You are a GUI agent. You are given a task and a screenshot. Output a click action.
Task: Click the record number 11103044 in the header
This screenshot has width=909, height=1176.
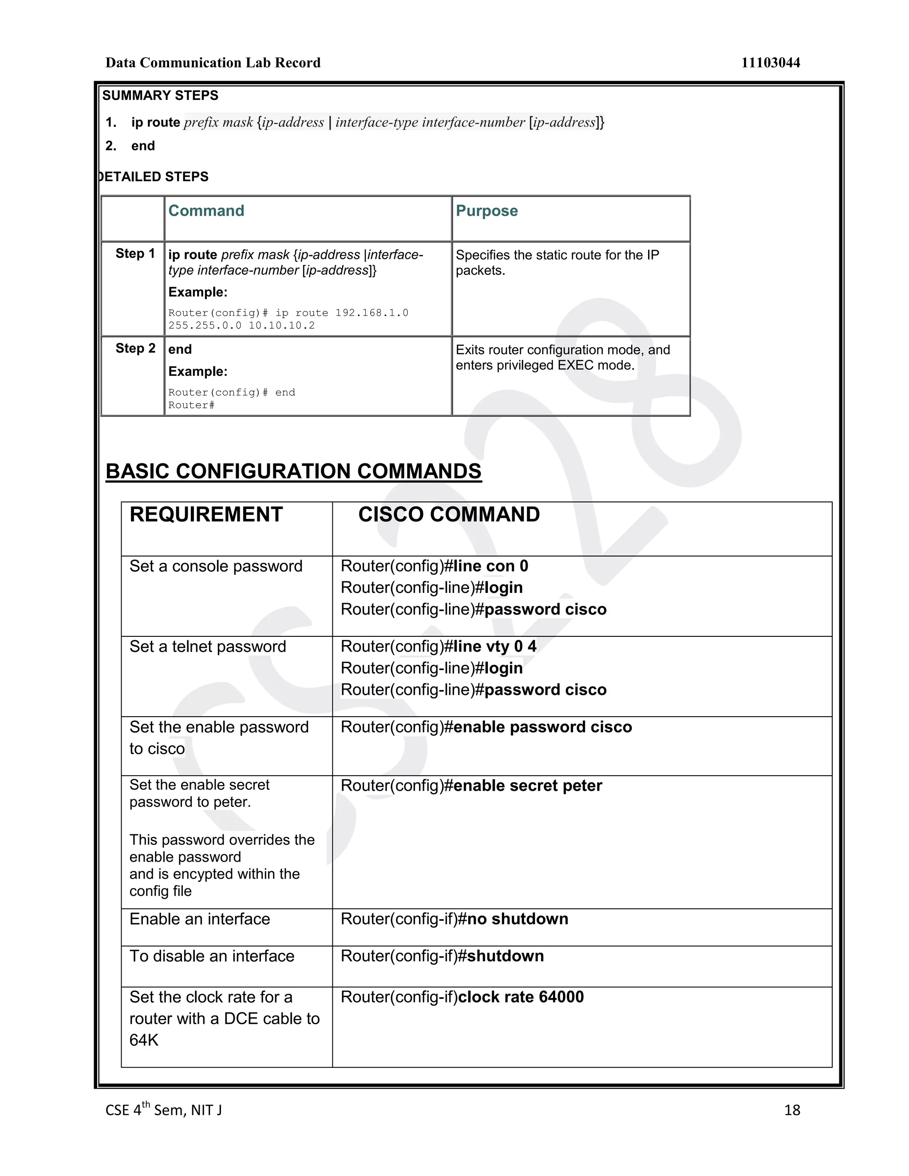click(x=770, y=63)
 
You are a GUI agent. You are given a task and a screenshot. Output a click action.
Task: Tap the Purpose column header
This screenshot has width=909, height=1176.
click(x=486, y=210)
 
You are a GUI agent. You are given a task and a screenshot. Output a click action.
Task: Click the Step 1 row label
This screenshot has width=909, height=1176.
click(x=135, y=253)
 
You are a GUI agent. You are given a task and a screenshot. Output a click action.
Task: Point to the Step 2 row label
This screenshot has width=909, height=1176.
click(x=135, y=348)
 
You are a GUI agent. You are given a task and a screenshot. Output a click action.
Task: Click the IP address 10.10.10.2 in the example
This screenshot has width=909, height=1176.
click(x=282, y=326)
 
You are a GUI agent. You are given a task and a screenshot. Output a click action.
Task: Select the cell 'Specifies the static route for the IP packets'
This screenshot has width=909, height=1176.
click(x=557, y=262)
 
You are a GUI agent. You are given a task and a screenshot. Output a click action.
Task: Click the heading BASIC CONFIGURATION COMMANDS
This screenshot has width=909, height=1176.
click(x=293, y=471)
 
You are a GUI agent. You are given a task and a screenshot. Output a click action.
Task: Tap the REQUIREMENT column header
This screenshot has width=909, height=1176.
click(x=206, y=515)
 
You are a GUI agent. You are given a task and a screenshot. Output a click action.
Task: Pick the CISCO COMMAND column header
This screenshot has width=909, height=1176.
click(x=449, y=515)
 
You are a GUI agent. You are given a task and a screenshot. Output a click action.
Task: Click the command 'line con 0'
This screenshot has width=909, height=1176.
click(x=490, y=566)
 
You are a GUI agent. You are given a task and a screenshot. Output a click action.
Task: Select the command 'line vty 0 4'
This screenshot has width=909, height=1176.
click(x=494, y=646)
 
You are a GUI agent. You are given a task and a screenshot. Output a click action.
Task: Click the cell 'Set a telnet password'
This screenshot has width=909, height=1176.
click(x=207, y=647)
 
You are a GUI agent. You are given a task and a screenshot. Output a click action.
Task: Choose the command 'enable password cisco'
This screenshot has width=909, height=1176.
click(x=542, y=727)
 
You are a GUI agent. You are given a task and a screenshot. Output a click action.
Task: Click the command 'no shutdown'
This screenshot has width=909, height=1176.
click(x=517, y=919)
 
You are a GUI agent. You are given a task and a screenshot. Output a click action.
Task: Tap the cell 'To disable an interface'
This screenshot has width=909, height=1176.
click(x=212, y=956)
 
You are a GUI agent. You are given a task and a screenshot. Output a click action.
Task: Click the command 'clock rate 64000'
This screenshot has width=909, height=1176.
click(x=521, y=997)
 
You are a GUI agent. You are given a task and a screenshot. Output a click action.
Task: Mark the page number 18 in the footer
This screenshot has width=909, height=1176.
click(x=792, y=1110)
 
